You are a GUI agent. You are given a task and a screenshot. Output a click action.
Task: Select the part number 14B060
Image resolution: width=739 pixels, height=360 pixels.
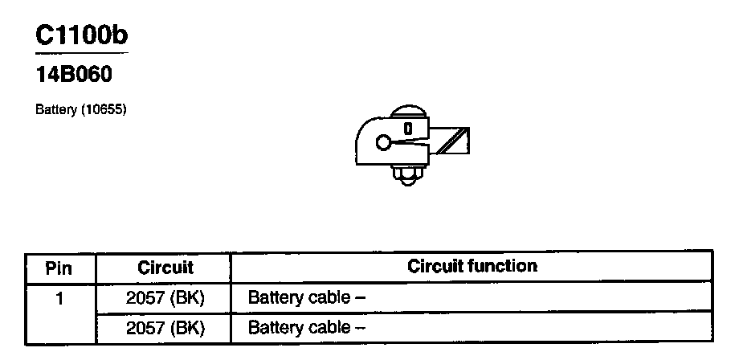74,76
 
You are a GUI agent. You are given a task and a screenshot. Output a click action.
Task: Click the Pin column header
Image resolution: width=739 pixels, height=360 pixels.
59,267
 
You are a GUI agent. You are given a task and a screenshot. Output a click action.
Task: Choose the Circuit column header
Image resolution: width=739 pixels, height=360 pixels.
165,267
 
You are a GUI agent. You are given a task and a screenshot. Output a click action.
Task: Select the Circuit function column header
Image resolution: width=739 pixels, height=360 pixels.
472,266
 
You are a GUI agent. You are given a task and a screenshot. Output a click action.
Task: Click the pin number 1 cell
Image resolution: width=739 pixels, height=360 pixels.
59,298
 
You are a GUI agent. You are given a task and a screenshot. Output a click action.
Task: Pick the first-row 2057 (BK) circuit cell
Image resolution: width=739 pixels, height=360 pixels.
165,298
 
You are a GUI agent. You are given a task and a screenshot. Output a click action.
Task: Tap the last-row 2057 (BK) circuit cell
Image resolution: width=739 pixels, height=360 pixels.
165,328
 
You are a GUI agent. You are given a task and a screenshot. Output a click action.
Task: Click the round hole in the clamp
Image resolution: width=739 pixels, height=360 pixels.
382,143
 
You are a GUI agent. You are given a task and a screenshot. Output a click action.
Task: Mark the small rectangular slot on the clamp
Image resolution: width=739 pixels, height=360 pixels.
408,129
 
